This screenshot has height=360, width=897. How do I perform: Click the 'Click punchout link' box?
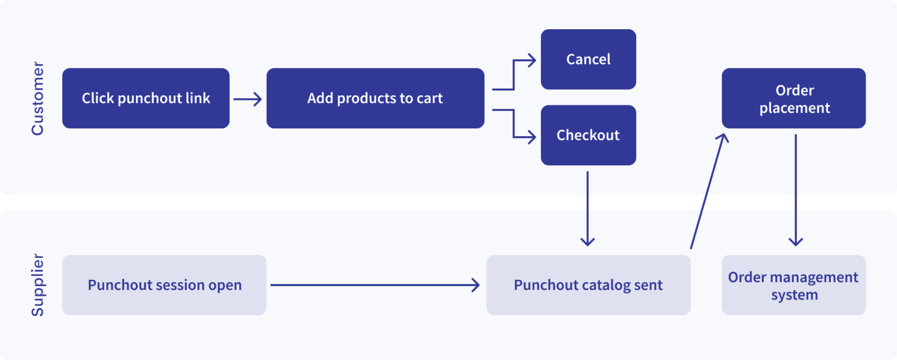(146, 98)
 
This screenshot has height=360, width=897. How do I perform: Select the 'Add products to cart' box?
(375, 98)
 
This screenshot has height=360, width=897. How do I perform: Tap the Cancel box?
(588, 59)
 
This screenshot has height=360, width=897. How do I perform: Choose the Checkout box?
(588, 135)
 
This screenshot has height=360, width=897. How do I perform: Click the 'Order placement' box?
(793, 98)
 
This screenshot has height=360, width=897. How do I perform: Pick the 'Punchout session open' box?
(164, 285)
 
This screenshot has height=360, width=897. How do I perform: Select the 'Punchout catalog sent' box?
(588, 285)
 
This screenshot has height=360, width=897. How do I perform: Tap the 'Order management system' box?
(793, 285)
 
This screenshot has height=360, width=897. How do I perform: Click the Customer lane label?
(38, 98)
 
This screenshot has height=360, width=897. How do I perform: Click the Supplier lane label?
(38, 285)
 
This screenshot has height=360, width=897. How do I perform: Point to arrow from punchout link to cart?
(247, 99)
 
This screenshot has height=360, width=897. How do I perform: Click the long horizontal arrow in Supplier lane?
(374, 285)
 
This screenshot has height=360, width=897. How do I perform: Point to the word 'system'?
(794, 295)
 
